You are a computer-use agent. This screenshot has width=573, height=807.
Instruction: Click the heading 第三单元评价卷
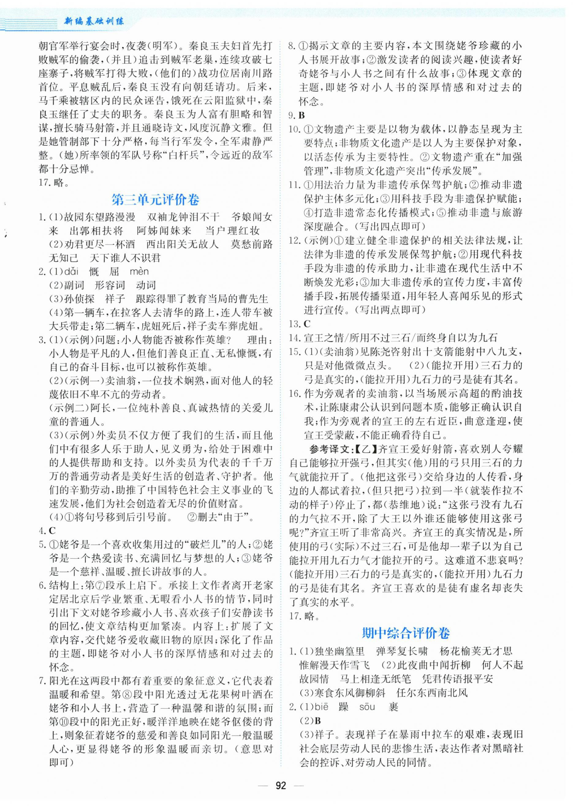[155, 200]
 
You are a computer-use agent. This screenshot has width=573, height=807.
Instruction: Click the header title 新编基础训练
[93, 21]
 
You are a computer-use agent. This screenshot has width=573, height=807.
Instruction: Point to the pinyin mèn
[139, 271]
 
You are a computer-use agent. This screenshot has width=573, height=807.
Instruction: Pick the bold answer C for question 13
[307, 324]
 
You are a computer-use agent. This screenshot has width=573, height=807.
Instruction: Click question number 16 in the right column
[294, 394]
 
